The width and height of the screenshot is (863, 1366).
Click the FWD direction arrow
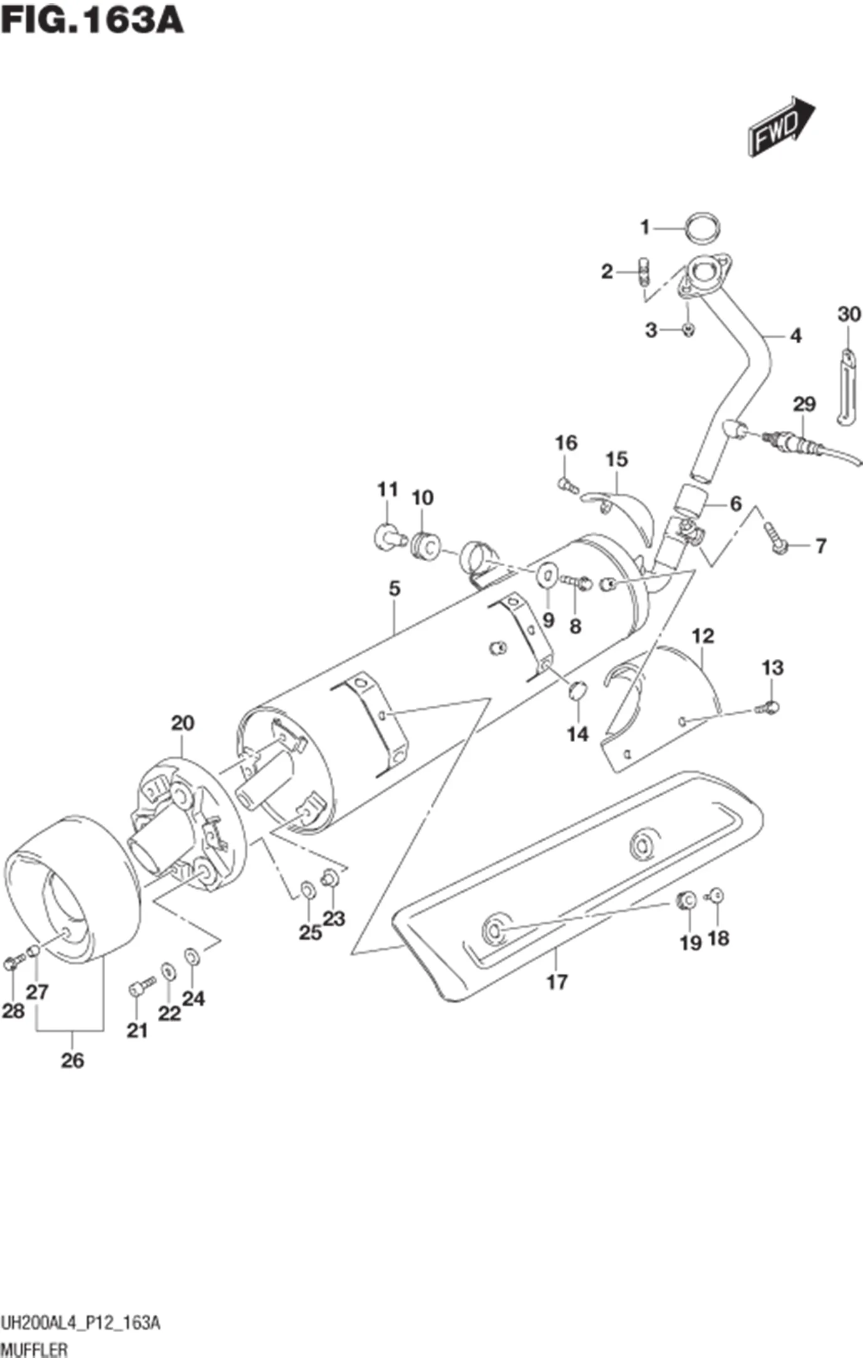tap(780, 128)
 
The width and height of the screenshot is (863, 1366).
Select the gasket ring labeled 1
tap(701, 229)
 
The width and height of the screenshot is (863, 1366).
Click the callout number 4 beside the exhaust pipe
tap(795, 336)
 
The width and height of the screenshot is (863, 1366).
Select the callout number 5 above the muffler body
tap(394, 589)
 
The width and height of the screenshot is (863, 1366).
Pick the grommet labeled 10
tap(425, 544)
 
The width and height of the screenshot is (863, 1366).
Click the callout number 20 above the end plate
tap(183, 723)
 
